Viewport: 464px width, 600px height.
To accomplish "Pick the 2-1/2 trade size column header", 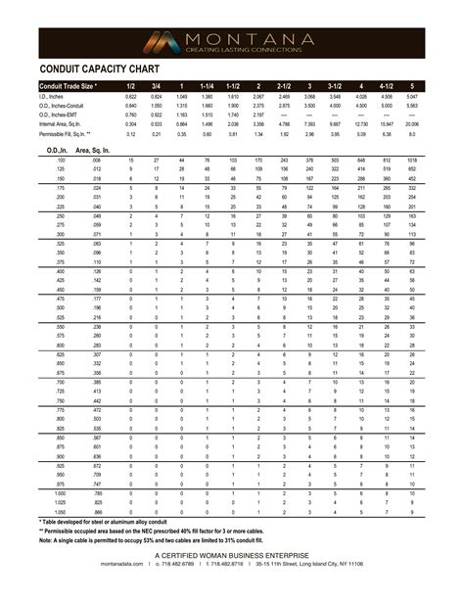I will [284, 86].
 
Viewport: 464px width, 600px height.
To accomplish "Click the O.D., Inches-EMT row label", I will [61, 115].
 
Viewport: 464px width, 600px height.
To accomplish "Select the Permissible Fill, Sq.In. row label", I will [66, 133].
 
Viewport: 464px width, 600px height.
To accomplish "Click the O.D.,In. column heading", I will [59, 149].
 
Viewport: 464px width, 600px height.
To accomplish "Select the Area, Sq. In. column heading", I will [99, 149].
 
